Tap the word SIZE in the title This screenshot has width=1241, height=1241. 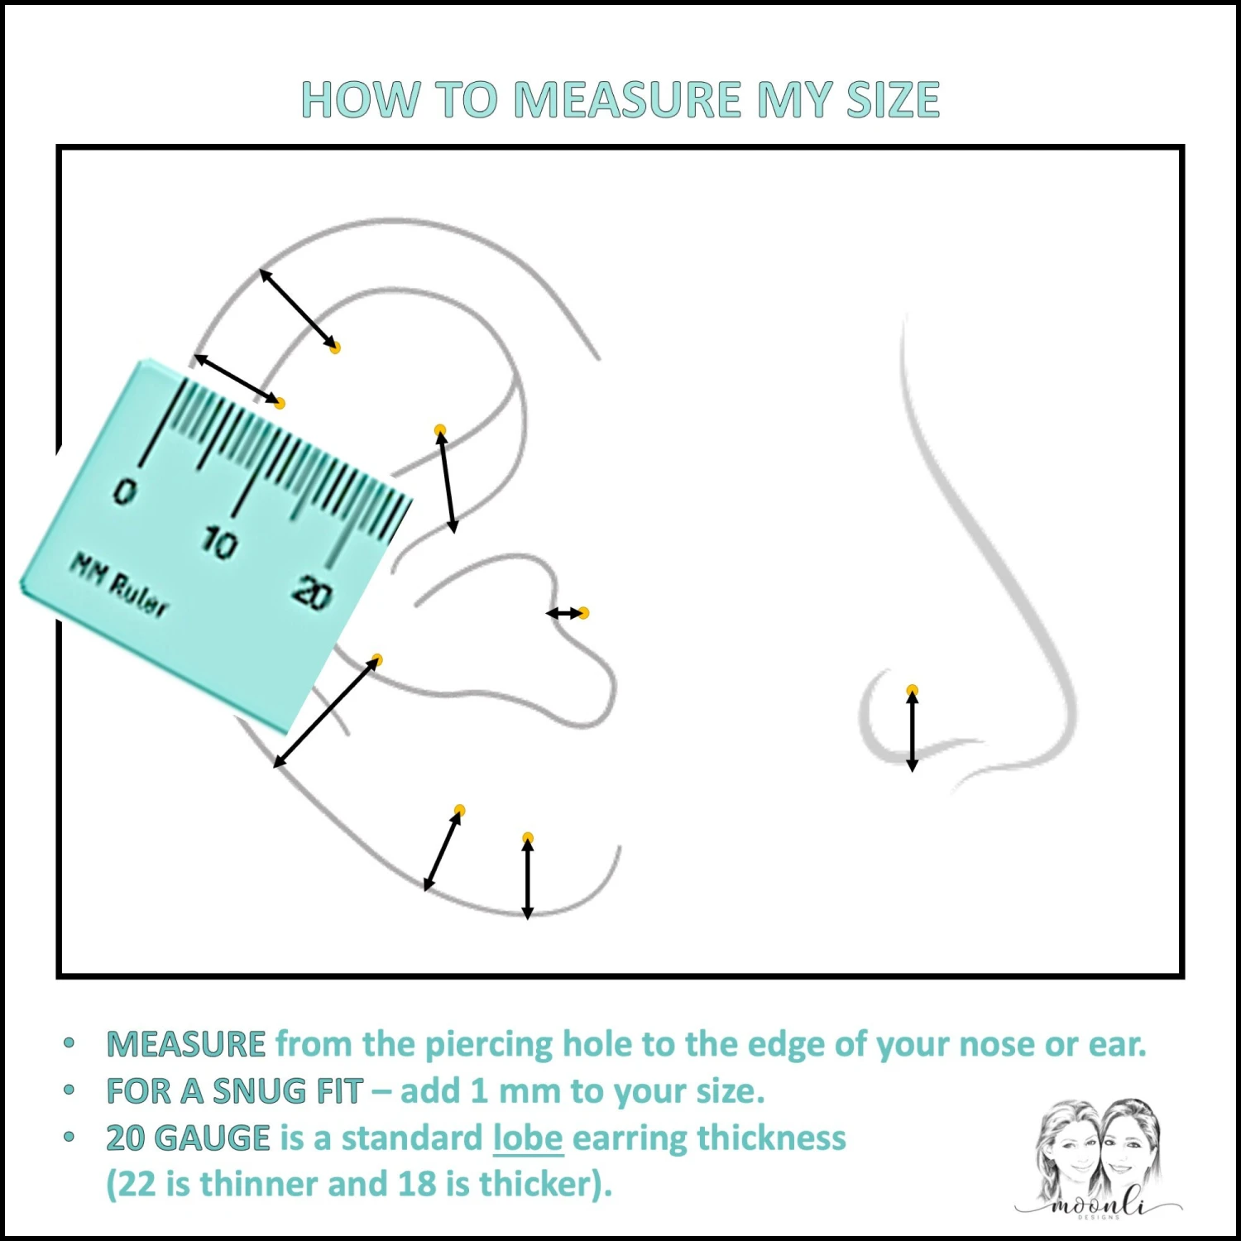pyautogui.click(x=893, y=99)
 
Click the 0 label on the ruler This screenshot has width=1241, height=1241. pyautogui.click(x=125, y=493)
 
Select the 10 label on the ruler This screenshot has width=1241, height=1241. pyautogui.click(x=219, y=544)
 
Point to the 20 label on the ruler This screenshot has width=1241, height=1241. pyautogui.click(x=312, y=593)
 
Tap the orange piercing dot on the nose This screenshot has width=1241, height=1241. pyautogui.click(x=912, y=690)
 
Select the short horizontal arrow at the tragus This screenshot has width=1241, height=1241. pyautogui.click(x=565, y=613)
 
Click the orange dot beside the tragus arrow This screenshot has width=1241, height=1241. pyautogui.click(x=583, y=613)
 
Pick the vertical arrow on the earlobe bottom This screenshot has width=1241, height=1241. pyautogui.click(x=528, y=877)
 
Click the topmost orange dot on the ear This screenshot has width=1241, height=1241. pyautogui.click(x=335, y=347)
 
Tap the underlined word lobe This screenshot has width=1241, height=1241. pyautogui.click(x=528, y=1138)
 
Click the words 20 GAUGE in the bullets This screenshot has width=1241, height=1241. pyautogui.click(x=188, y=1138)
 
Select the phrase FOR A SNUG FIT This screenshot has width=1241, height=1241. pyautogui.click(x=235, y=1091)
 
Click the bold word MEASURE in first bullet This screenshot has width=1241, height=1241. pyautogui.click(x=186, y=1044)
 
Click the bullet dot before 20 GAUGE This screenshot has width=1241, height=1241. pyautogui.click(x=69, y=1138)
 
